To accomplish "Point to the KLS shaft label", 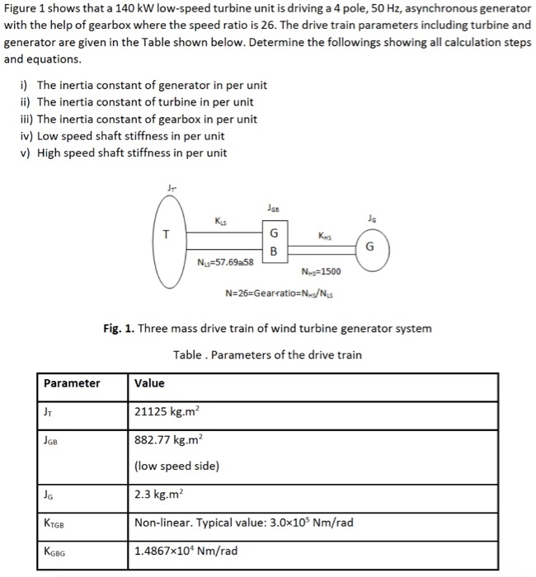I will coord(219,221).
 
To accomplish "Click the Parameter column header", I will coord(72,383).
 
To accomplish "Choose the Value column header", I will coord(149,383).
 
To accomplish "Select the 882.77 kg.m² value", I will coord(172,443).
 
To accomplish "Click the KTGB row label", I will coord(54,523).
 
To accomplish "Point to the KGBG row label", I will coord(54,551).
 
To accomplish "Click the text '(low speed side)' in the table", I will coord(176,466).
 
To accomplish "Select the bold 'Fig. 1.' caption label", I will coord(120,328).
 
